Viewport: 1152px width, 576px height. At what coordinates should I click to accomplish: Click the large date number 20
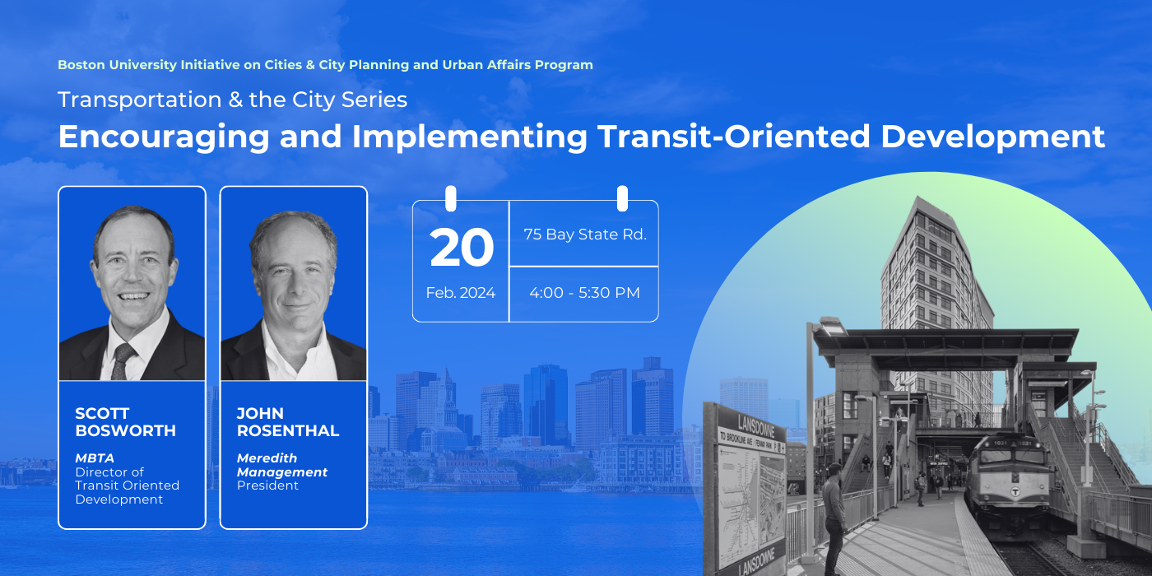click(462, 248)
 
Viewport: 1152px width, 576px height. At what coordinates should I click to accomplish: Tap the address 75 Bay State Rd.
click(585, 235)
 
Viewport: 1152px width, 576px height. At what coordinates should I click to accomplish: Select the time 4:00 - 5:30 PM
click(585, 293)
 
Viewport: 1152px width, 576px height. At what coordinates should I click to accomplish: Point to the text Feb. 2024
click(460, 293)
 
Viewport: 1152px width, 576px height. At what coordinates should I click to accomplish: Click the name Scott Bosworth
click(125, 421)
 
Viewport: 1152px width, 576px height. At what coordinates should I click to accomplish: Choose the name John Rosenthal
click(288, 421)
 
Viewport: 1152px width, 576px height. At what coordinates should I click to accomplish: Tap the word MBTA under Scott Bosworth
click(95, 458)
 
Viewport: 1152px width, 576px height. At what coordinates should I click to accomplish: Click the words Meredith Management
click(281, 465)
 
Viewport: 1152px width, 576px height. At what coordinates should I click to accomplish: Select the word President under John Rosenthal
click(267, 485)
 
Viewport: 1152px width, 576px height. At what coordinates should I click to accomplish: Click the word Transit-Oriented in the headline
click(733, 137)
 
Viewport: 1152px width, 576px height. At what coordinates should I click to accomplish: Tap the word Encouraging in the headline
click(164, 137)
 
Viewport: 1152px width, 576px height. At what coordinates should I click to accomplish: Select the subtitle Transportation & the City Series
click(232, 100)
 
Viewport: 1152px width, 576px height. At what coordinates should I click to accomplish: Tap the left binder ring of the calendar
click(451, 198)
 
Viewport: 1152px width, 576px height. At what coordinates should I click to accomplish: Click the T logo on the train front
click(1015, 492)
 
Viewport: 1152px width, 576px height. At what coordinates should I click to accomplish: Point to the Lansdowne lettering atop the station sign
click(756, 425)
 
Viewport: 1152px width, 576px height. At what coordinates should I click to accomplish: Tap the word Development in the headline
click(992, 137)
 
